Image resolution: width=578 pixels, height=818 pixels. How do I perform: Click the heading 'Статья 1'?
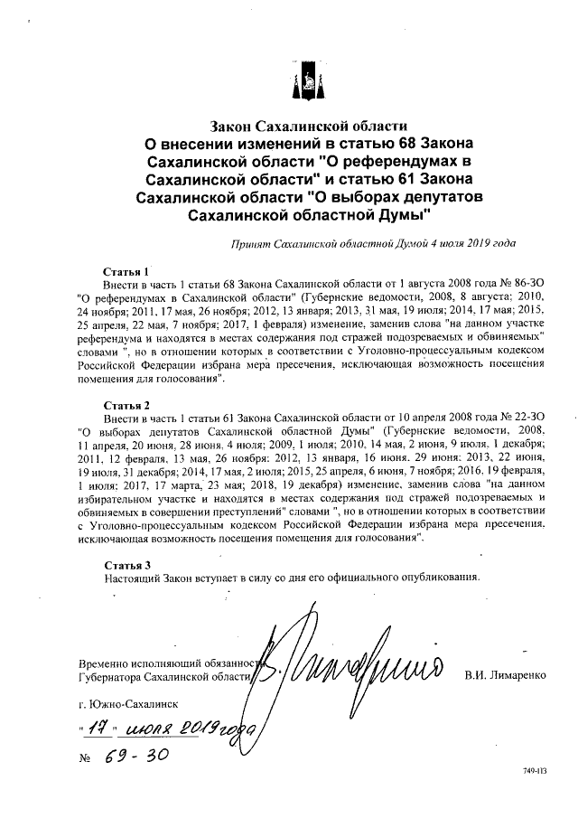(126, 271)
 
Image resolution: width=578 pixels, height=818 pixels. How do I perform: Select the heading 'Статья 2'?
(126, 404)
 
